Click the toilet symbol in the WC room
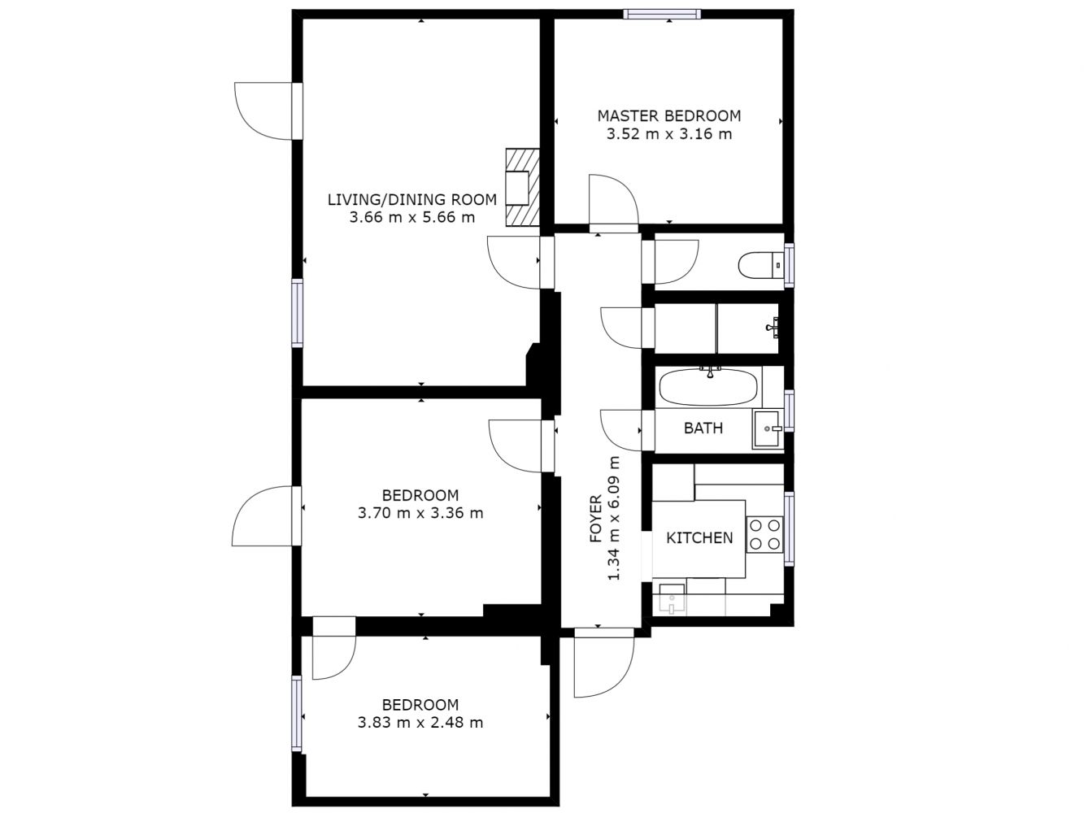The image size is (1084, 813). tap(760, 266)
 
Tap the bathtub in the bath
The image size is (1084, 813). tap(708, 387)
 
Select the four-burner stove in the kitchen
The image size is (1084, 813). tap(764, 535)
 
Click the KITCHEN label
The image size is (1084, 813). tap(699, 537)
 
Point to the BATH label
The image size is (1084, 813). tap(703, 428)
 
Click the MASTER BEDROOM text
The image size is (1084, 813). tap(669, 116)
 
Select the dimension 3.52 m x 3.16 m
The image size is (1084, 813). tap(669, 134)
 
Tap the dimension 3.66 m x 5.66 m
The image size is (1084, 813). tap(412, 217)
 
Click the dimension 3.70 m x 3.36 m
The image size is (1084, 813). tap(420, 513)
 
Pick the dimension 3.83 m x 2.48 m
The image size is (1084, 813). tap(420, 722)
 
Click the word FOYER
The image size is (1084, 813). tap(596, 519)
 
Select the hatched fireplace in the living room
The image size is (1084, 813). tap(522, 188)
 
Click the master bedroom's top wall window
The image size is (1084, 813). tap(662, 14)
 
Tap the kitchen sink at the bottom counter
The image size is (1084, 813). tap(672, 598)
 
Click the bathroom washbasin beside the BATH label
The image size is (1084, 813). tap(767, 428)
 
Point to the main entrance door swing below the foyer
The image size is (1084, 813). tap(603, 663)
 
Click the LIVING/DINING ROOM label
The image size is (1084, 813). tap(412, 199)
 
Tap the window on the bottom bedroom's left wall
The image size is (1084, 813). tap(296, 713)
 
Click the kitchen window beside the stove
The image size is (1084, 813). tap(789, 528)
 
